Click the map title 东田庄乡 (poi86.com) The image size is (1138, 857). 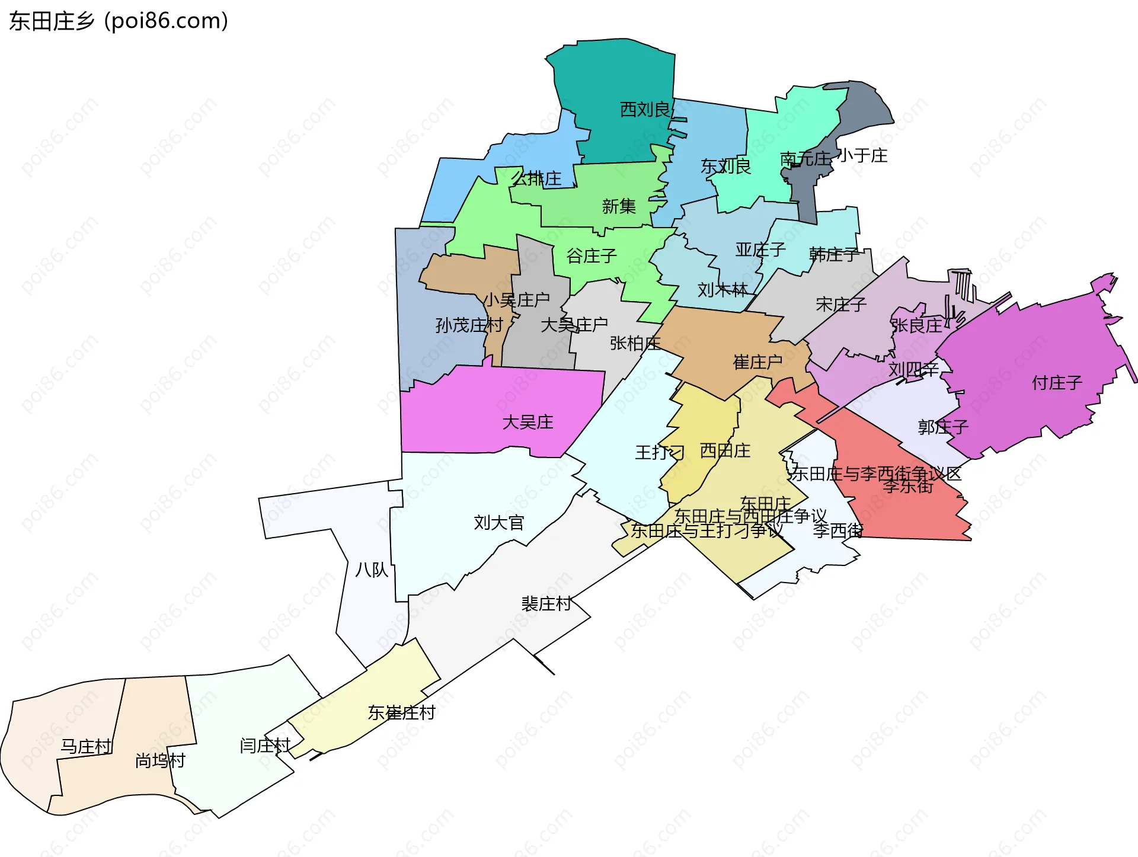pos(119,21)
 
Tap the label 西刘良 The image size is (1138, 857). pos(645,110)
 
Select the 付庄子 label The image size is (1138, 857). pos(1057,383)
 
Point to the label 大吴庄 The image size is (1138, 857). pos(528,422)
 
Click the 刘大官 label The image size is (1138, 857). pos(499,523)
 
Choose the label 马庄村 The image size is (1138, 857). pos(86,746)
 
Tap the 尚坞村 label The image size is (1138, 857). pos(160,760)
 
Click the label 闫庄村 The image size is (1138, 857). pos(265,746)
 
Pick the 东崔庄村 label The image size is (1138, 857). pos(401,712)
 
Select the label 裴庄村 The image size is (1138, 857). pos(546,604)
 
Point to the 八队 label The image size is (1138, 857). pos(371,570)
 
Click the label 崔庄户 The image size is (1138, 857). pos(757,362)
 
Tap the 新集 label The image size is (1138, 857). pos(619,206)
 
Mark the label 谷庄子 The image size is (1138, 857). pos(592,256)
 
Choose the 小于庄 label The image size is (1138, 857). pos(862,156)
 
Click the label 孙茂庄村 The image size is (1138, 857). pos(469,325)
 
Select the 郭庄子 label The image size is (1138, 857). pos(943,427)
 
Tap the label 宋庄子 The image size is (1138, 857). pos(841,305)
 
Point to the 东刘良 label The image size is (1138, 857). pos(725,167)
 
